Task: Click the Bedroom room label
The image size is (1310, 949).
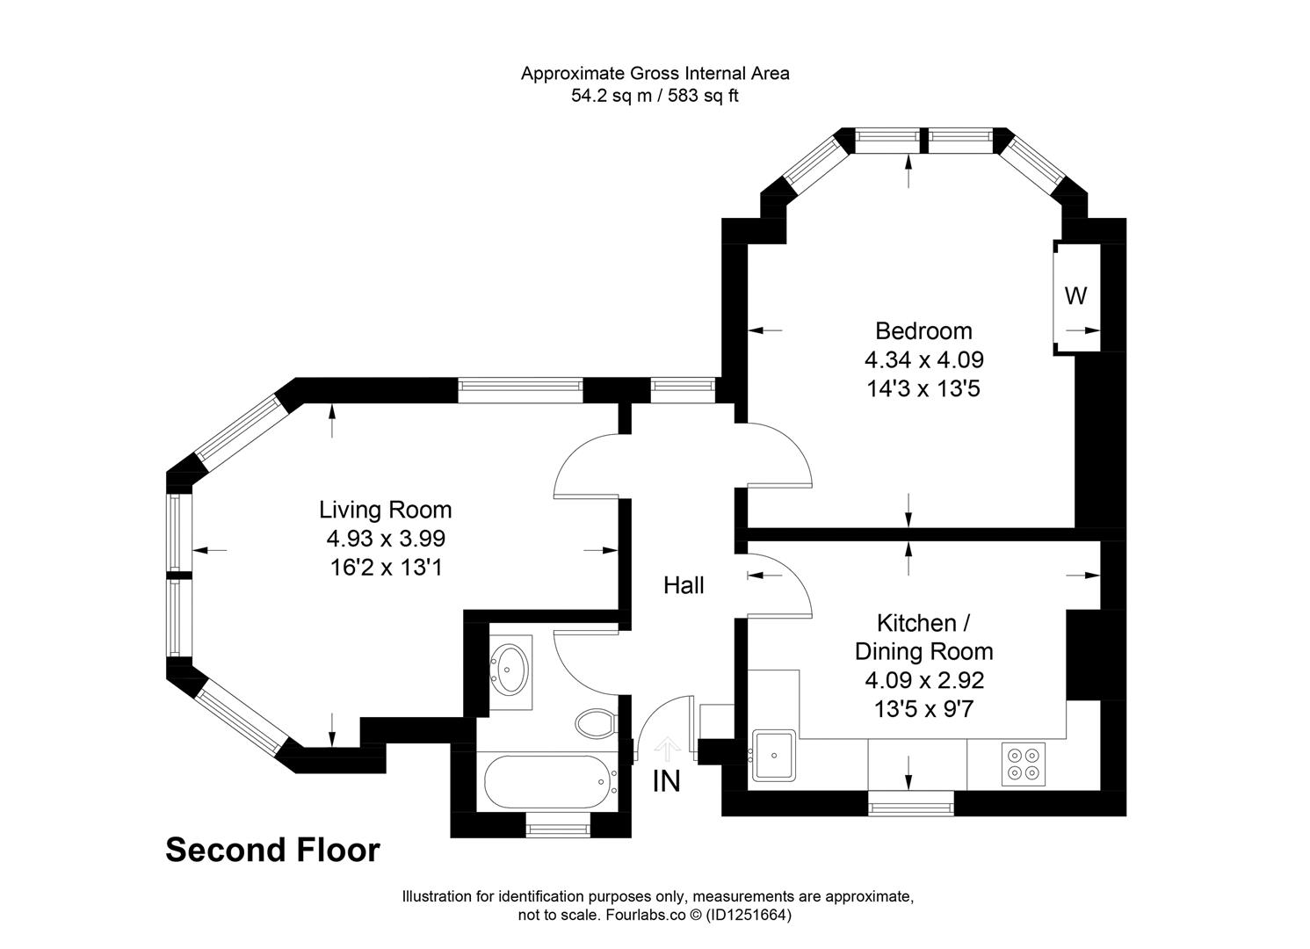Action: [x=923, y=331]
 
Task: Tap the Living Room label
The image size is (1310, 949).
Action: [x=385, y=510]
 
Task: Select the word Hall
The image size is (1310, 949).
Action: [x=683, y=585]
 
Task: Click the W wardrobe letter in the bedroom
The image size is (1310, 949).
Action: [x=1075, y=297]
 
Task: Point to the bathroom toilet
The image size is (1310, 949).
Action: [x=596, y=724]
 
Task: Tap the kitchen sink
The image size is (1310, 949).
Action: [x=774, y=755]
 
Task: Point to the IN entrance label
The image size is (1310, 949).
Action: [x=666, y=781]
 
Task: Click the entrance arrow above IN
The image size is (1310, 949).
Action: [x=667, y=749]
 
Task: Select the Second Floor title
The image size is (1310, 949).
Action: [x=272, y=851]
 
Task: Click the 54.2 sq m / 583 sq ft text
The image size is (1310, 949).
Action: [x=655, y=97]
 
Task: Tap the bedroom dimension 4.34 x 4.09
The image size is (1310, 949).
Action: [x=923, y=359]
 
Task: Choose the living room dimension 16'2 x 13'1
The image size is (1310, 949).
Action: [x=385, y=568]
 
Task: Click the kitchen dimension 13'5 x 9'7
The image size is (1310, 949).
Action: [x=923, y=708]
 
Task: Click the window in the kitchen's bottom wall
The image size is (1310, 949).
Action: [x=909, y=803]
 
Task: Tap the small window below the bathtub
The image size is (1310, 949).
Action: [x=558, y=825]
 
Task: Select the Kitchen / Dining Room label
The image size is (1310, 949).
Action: [x=923, y=637]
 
